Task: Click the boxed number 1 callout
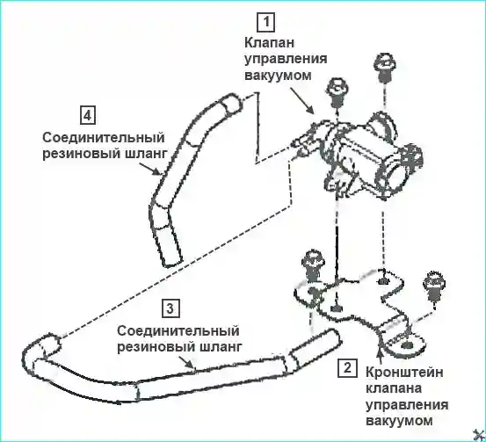click(266, 22)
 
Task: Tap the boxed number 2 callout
click(347, 368)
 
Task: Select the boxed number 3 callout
click(170, 308)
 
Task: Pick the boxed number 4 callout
click(88, 115)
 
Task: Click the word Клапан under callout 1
click(269, 43)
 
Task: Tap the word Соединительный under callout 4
click(104, 138)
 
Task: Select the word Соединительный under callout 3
click(178, 331)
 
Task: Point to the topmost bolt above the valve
click(385, 69)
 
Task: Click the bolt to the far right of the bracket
click(435, 286)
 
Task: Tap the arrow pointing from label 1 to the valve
click(302, 100)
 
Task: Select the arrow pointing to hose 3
click(187, 362)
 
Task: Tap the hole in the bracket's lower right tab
click(406, 344)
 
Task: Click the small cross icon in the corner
click(479, 435)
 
